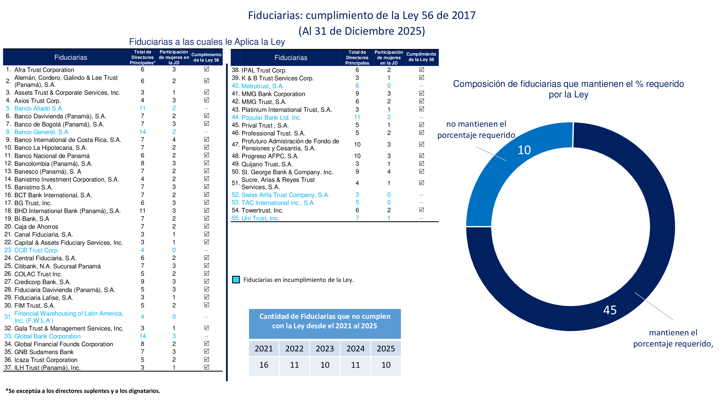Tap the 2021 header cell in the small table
[x=264, y=348]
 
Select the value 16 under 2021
[x=264, y=365]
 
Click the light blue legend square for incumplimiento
[x=236, y=280]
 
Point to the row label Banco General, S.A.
[x=42, y=132]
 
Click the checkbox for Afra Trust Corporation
[x=206, y=69]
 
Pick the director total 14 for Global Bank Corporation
[x=143, y=336]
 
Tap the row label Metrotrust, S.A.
[x=263, y=86]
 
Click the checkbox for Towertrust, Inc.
[x=421, y=210]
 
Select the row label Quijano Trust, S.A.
[x=267, y=164]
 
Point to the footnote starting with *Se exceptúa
[x=83, y=391]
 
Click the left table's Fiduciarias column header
[x=71, y=57]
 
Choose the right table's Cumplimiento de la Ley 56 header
[x=421, y=57]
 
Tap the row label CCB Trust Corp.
[x=37, y=250]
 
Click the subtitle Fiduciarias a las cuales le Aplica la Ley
[x=207, y=42]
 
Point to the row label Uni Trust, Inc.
[x=260, y=218]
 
